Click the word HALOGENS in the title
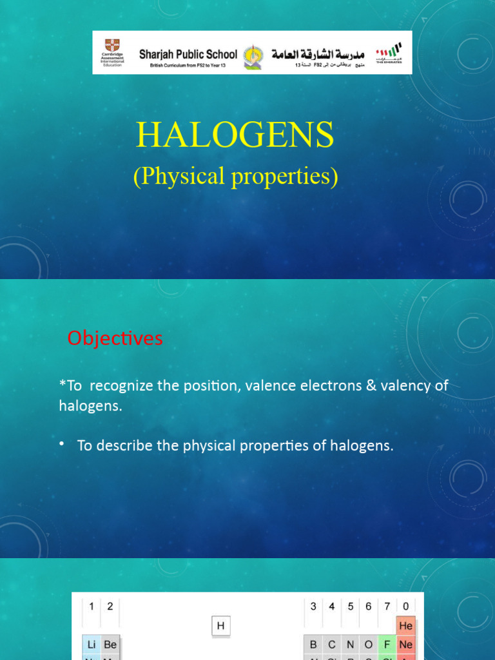235,135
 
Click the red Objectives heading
115,338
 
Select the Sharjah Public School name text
188,54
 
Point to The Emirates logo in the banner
389,51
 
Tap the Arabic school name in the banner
318,54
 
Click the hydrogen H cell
220,625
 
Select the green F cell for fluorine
387,645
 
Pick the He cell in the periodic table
405,625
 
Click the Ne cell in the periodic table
405,645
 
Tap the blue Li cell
92,645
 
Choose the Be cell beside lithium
110,645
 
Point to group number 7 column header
387,606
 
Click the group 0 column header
405,606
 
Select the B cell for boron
313,645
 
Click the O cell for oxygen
369,645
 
